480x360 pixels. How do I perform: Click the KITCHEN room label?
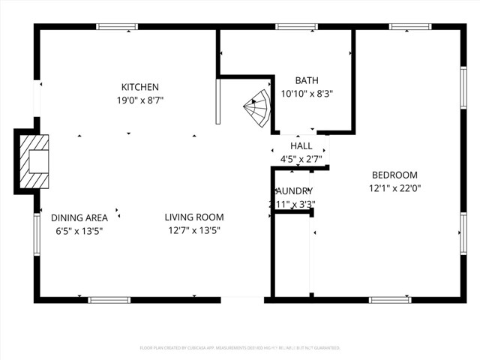point(139,87)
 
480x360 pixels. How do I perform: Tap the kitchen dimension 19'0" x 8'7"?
point(139,100)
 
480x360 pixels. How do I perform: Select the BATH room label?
point(306,81)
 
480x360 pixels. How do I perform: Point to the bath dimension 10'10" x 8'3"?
point(306,94)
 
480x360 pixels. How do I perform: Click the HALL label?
point(301,146)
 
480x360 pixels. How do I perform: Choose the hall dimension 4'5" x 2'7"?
point(301,159)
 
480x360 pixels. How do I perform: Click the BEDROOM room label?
point(394,175)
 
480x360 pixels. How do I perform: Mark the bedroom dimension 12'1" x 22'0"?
point(394,188)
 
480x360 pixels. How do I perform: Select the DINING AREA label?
point(76,217)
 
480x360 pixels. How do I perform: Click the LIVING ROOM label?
point(194,217)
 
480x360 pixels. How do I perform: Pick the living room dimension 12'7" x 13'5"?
point(194,230)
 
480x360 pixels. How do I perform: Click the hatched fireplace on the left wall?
point(34,161)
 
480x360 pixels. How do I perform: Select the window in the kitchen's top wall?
point(117,27)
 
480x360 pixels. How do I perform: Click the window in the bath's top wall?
point(296,27)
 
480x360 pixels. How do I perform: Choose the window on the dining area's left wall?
point(36,233)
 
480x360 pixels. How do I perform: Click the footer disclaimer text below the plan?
point(240,348)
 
